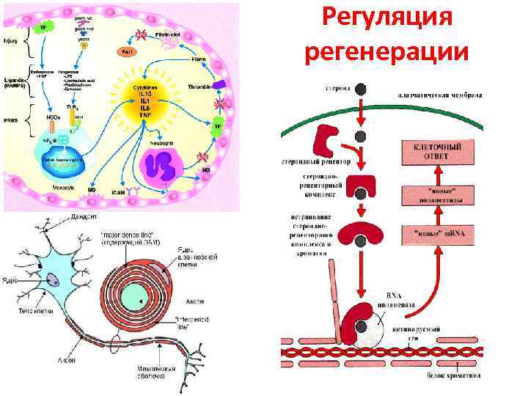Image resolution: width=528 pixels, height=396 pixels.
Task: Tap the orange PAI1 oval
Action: [x=127, y=51]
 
